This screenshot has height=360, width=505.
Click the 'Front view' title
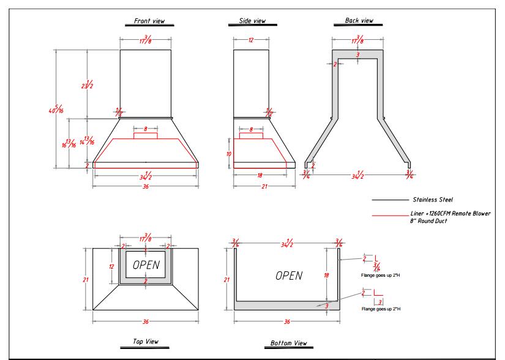point(149,21)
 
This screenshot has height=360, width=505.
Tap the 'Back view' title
point(359,21)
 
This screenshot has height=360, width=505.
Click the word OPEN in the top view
point(145,264)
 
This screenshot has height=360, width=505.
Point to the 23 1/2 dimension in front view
point(87,85)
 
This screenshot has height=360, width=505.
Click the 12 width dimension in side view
point(251,40)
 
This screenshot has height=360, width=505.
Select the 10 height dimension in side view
point(228,154)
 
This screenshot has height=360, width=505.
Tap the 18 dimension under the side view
point(251,174)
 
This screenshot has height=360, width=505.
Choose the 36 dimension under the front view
point(145,186)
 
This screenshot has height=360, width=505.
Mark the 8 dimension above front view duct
point(146,129)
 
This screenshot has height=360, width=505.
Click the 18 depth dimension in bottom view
point(326,276)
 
